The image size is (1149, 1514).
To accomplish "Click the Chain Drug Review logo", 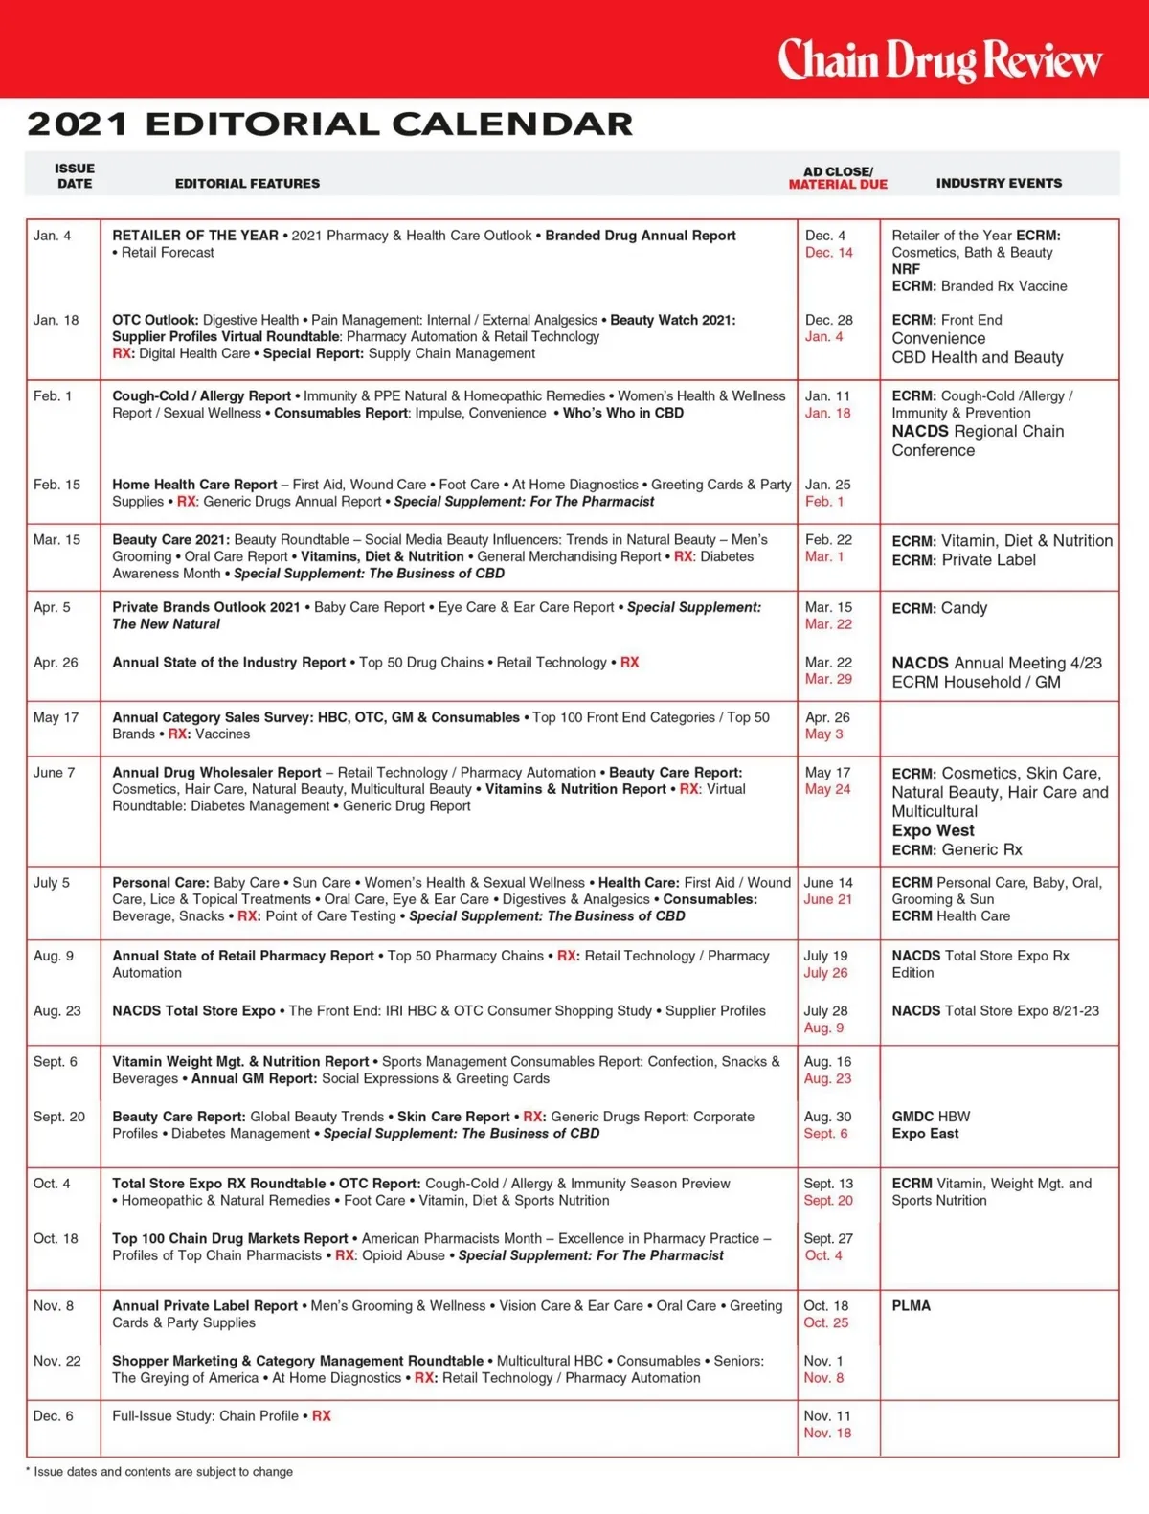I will (x=939, y=59).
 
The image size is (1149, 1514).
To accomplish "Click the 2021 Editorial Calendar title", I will (x=330, y=124).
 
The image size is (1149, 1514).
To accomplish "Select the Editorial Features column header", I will (x=247, y=183).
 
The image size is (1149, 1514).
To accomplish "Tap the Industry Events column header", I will (x=999, y=183).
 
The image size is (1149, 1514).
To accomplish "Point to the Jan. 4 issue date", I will (x=52, y=236).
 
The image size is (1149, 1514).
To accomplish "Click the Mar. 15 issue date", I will (x=56, y=540).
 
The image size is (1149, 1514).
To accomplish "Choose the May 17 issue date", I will (x=56, y=717).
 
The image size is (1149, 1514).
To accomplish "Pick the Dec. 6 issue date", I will (x=53, y=1416).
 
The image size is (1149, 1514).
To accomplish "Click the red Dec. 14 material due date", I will (x=828, y=253).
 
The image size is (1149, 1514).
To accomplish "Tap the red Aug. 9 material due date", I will (x=823, y=1028).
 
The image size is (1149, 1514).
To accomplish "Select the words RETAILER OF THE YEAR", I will (x=195, y=236).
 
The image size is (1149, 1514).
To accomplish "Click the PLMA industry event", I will (x=911, y=1306).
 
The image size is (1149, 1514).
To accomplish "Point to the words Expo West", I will (x=933, y=831).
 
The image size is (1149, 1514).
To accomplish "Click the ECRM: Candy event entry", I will (x=939, y=608).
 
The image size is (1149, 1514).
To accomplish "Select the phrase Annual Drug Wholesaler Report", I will (x=216, y=773).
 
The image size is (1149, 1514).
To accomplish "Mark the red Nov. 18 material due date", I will (x=827, y=1434).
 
